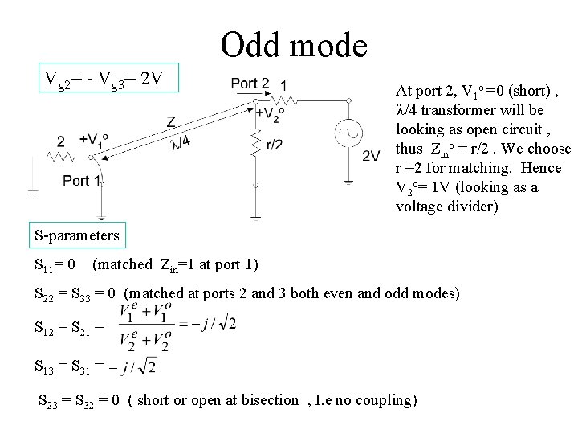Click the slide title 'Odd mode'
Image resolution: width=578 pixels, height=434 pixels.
point(294,45)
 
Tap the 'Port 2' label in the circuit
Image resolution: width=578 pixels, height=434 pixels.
point(250,84)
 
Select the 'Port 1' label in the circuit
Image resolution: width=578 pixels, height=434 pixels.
point(83,180)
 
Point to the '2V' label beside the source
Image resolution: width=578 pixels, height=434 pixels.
point(371,155)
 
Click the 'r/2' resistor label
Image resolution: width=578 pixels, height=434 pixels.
point(274,145)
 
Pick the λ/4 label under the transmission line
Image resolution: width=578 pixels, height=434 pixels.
point(181,141)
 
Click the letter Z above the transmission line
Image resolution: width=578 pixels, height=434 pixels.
point(172,121)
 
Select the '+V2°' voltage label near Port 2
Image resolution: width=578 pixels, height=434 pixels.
point(267,112)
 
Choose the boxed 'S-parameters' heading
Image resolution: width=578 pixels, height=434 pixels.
point(77,235)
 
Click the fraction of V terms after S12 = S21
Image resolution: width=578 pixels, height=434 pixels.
point(144,326)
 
